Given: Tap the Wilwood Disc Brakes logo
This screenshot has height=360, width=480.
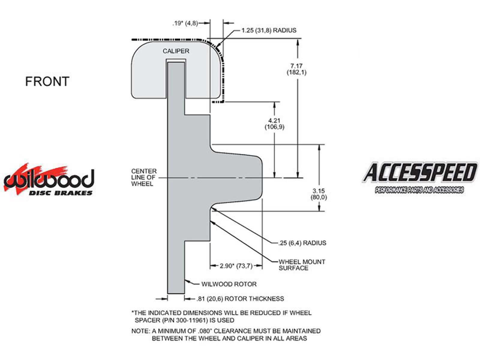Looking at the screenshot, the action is (x=49, y=179).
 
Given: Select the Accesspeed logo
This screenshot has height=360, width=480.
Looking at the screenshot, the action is (x=419, y=178).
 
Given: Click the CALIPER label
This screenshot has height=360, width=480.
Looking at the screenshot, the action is (x=176, y=51).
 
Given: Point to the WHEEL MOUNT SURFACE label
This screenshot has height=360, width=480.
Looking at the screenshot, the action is (x=302, y=265).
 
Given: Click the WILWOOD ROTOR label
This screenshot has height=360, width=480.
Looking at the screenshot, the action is (x=229, y=284).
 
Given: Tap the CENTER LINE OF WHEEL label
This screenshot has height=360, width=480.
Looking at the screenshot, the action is (x=144, y=177).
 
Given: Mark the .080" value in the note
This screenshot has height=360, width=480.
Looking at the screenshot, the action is (x=206, y=331).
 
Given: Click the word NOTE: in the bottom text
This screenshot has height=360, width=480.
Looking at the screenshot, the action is (x=140, y=331).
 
